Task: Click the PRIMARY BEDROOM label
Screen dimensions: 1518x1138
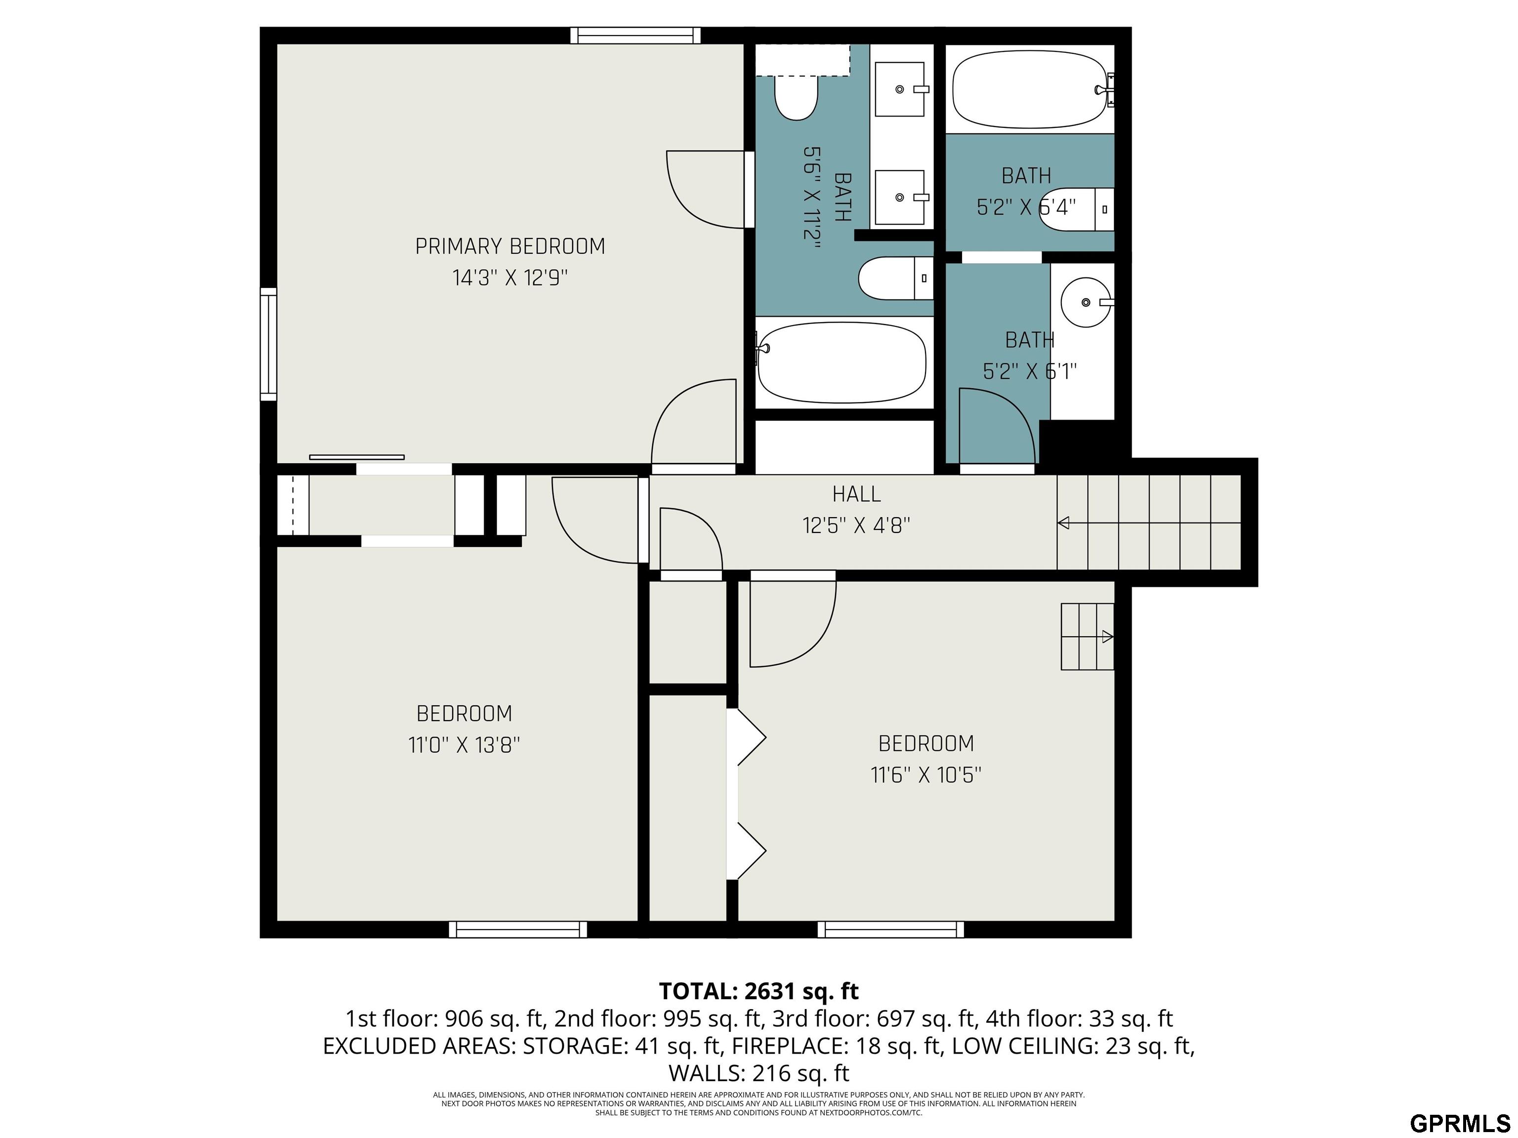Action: (510, 246)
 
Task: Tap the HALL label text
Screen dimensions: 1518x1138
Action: (856, 494)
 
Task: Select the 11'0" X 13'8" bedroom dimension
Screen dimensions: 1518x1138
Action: (464, 745)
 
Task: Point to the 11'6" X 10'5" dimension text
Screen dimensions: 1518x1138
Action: (926, 775)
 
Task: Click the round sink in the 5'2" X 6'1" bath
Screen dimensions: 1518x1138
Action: (1086, 302)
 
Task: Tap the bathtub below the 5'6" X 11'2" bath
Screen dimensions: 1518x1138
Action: (842, 363)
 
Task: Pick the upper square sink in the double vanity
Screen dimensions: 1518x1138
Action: (900, 89)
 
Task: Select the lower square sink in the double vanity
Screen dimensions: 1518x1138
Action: (900, 198)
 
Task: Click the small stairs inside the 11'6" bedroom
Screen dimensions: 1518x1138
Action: (1087, 637)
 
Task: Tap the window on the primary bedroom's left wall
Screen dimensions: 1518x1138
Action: (268, 344)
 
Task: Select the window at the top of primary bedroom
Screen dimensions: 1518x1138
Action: (635, 35)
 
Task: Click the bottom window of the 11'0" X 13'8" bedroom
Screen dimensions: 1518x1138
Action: (518, 930)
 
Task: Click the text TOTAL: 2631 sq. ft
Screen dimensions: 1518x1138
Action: (759, 991)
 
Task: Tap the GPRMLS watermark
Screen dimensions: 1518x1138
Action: (1460, 1123)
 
